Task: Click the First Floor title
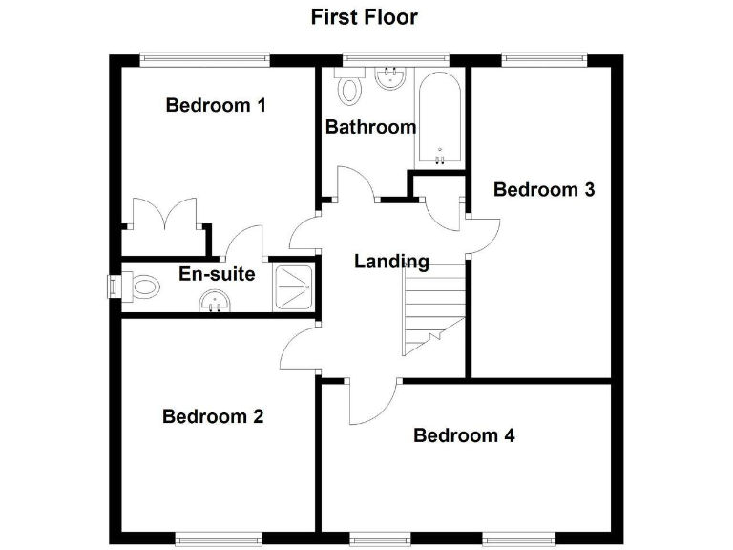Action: click(364, 16)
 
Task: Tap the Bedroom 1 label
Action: click(215, 105)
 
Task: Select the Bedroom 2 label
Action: click(213, 416)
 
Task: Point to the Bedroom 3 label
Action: click(543, 189)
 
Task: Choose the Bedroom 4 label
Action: click(464, 435)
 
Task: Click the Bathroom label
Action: click(370, 126)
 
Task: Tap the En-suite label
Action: click(217, 275)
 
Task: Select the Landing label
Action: click(391, 261)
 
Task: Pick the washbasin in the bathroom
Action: click(388, 77)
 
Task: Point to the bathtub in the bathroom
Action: click(438, 118)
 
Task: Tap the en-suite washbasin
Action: click(214, 303)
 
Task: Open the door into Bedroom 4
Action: click(373, 402)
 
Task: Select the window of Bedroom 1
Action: click(204, 59)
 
